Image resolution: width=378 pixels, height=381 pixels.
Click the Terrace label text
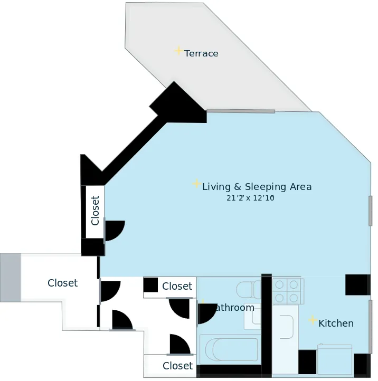click(x=201, y=53)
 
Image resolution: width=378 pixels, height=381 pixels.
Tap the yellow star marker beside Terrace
click(x=178, y=51)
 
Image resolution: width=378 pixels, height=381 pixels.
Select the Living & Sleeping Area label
click(x=257, y=187)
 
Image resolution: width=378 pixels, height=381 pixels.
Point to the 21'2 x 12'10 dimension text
click(x=250, y=198)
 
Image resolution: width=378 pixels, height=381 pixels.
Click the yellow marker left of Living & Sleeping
click(x=196, y=184)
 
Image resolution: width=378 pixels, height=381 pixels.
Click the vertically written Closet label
click(x=95, y=211)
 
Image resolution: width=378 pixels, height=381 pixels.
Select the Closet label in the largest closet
click(x=62, y=283)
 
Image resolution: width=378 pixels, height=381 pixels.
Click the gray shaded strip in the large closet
click(x=11, y=277)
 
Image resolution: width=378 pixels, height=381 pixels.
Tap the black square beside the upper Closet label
click(x=150, y=285)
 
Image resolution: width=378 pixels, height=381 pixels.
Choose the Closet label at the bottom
click(x=177, y=366)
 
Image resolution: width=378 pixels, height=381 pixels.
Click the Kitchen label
click(x=336, y=323)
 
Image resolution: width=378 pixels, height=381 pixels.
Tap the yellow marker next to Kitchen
click(x=313, y=320)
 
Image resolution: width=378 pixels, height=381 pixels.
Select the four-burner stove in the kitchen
click(x=287, y=291)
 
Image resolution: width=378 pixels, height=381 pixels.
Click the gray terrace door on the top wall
click(x=241, y=111)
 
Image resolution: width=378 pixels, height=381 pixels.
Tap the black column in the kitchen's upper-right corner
click(x=357, y=285)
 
